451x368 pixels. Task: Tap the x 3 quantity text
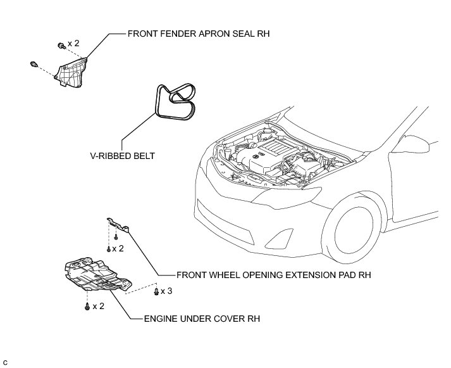166,291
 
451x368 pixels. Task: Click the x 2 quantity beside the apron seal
73,43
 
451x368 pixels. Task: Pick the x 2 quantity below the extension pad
118,248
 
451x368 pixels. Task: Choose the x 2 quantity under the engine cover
98,307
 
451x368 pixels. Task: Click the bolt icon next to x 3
156,291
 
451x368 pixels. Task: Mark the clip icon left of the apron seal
33,64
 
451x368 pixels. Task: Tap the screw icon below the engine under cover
87,307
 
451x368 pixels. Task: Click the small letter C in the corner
4,362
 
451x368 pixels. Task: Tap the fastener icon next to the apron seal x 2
61,45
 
